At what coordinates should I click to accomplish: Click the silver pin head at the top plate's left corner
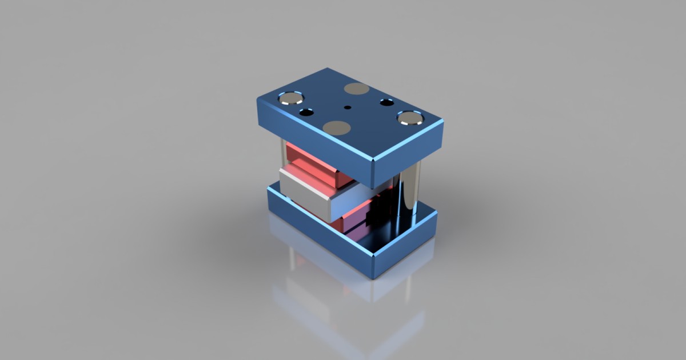click(x=291, y=98)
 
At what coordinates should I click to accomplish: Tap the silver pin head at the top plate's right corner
click(x=410, y=119)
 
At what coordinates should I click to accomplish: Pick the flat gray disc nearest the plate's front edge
click(x=336, y=127)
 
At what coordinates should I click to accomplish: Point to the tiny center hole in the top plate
click(x=347, y=107)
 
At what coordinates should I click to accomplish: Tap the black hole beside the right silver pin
click(x=387, y=103)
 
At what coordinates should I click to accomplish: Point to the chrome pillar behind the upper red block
click(x=283, y=151)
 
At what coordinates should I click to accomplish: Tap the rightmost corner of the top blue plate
click(x=442, y=123)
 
